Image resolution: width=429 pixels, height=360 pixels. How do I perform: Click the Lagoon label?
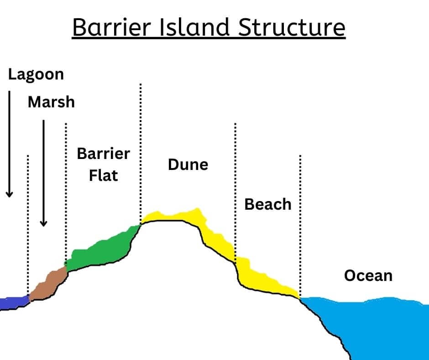pyautogui.click(x=36, y=74)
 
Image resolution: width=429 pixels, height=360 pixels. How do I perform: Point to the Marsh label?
pyautogui.click(x=51, y=102)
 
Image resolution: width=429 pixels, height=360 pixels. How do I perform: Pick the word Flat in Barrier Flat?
pyautogui.click(x=103, y=175)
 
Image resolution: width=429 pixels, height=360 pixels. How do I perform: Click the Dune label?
pyautogui.click(x=188, y=164)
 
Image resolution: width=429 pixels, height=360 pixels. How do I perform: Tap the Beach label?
pyautogui.click(x=268, y=204)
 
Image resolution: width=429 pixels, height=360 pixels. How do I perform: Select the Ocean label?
pyautogui.click(x=368, y=275)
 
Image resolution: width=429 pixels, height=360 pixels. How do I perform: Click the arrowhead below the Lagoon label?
pyautogui.click(x=9, y=194)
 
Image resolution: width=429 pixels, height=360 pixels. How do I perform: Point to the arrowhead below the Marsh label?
pyautogui.click(x=43, y=222)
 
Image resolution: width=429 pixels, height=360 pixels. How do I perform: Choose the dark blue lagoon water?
pyautogui.click(x=13, y=303)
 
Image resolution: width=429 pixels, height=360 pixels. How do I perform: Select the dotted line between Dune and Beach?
pyautogui.click(x=235, y=183)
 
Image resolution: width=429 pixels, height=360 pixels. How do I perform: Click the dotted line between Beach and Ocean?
pyautogui.click(x=300, y=219)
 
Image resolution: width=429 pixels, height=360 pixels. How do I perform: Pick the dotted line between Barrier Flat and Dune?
pyautogui.click(x=140, y=151)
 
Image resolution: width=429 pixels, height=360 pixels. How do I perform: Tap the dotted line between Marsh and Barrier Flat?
pyautogui.click(x=66, y=192)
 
